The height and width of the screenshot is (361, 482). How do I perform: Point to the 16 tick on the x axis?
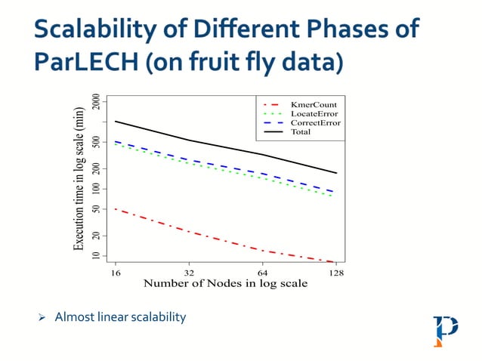pos(116,273)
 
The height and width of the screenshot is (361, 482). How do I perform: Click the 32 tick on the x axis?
pos(189,273)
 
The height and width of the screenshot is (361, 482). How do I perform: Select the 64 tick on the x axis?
pos(262,273)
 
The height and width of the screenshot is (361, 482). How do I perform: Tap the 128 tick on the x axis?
pos(335,273)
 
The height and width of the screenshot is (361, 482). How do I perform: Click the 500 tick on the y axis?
pos(96,142)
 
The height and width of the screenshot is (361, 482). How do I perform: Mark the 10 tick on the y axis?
pos(96,257)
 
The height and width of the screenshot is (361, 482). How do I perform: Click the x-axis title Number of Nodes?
pos(225,284)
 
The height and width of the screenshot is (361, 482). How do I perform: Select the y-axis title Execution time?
pos(79,180)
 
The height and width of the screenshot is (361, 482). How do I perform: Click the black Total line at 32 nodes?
pos(189,140)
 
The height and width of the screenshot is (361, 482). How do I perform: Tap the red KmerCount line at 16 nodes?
pos(116,208)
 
